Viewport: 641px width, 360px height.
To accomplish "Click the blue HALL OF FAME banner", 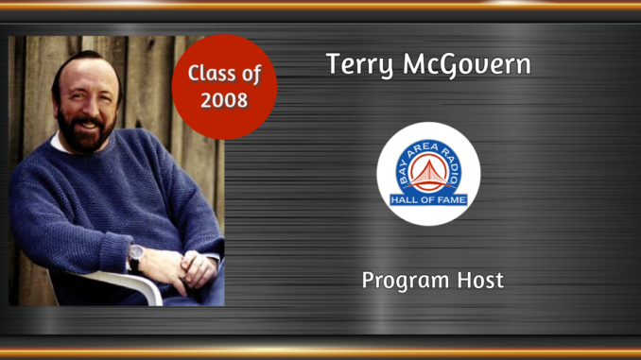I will click(428, 198).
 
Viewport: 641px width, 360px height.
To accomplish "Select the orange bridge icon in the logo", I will click(428, 172).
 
